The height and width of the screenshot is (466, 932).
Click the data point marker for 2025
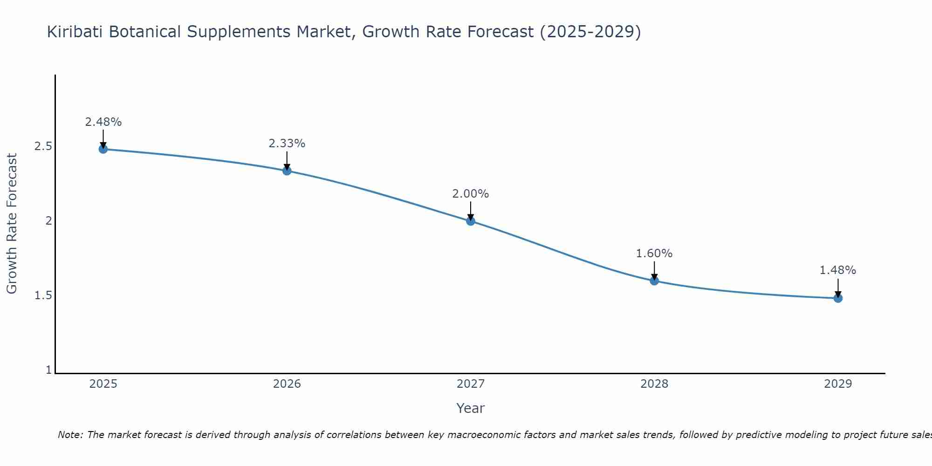[103, 149]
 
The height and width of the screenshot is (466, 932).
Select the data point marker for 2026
[287, 171]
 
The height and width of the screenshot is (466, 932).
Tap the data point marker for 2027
[471, 221]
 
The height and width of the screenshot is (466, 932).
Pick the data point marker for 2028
[654, 281]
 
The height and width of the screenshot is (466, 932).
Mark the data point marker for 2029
[838, 298]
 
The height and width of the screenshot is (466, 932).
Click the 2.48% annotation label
[103, 122]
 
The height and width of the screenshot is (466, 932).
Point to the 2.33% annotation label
[287, 144]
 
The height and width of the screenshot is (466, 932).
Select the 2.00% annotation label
[471, 194]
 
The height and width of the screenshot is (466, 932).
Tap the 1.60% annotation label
[654, 254]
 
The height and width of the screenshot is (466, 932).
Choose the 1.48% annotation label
[838, 270]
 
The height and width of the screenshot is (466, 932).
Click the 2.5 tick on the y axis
[43, 146]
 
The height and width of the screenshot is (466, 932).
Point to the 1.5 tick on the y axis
[43, 295]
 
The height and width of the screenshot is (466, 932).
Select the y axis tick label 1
[48, 370]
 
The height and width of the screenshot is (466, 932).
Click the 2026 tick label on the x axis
[287, 384]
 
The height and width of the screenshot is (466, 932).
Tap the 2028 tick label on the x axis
[654, 384]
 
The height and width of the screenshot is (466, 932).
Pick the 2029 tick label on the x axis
[838, 384]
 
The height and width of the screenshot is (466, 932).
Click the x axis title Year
[471, 408]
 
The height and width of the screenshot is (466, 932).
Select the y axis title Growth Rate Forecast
[12, 224]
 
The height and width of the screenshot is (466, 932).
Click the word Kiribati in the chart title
[75, 32]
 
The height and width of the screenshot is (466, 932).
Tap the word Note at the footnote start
[69, 435]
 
